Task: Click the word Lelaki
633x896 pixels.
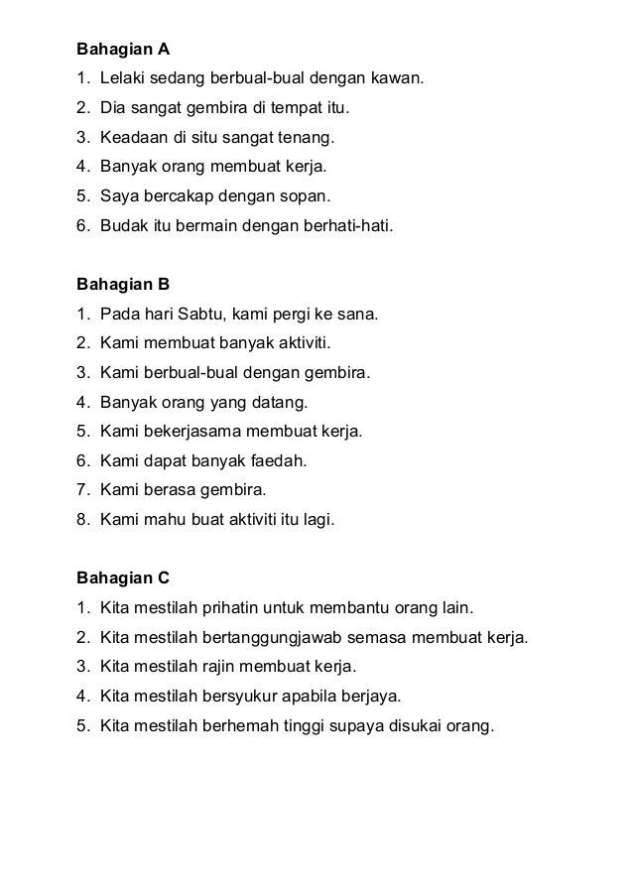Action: [123, 76]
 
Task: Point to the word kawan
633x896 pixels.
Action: [398, 76]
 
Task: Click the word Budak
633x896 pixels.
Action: [122, 224]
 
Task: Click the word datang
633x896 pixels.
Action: [283, 402]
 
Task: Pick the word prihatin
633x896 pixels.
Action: [234, 606]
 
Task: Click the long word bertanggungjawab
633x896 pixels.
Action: [274, 636]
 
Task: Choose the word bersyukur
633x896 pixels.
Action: [241, 695]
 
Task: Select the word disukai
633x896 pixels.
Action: [409, 723]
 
